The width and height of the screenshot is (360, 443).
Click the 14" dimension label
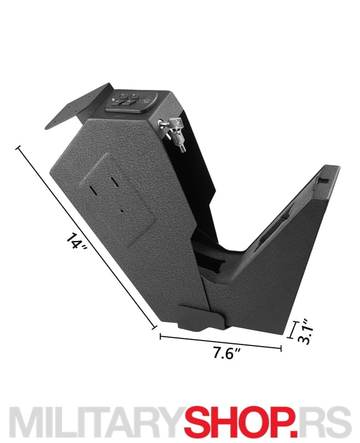tap(76, 240)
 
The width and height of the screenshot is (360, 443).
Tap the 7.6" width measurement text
tap(227, 353)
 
